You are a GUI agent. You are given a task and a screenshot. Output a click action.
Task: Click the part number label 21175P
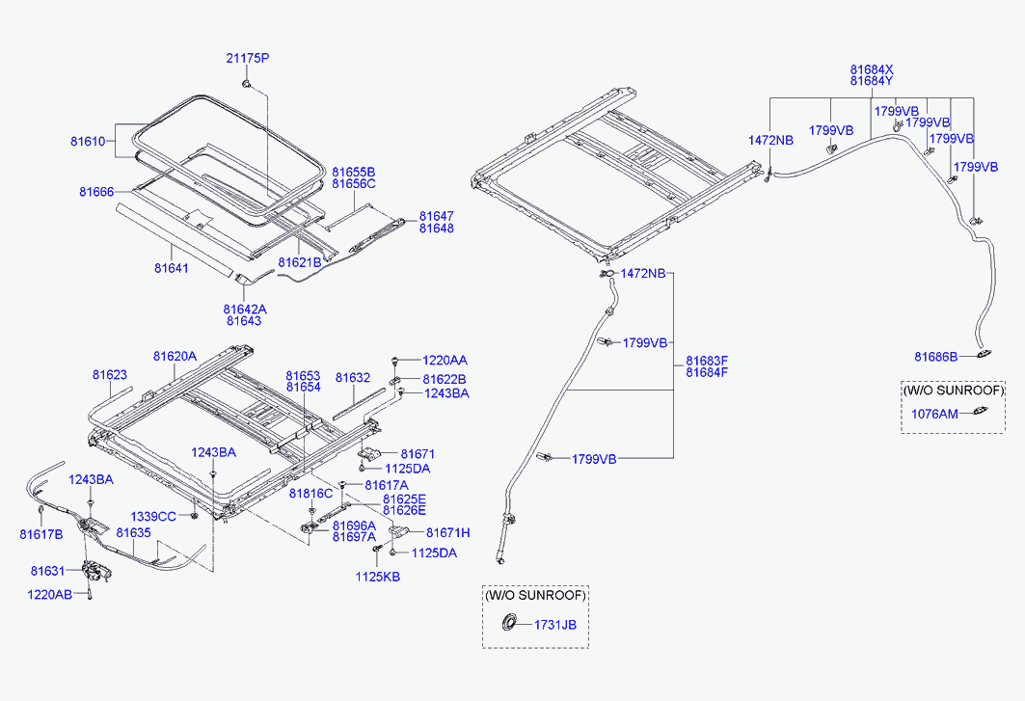248,59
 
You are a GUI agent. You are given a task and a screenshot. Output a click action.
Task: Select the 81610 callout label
86,141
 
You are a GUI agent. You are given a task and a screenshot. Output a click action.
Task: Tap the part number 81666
95,192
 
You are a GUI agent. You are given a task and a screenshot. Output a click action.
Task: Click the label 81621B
299,262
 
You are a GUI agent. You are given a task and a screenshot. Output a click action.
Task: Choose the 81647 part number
436,216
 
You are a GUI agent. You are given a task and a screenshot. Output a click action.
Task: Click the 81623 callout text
110,374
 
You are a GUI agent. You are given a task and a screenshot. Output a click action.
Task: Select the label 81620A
175,356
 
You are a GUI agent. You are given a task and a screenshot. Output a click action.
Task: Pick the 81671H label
447,532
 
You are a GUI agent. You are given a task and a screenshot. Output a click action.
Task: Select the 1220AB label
50,595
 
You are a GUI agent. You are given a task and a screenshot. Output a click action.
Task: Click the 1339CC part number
153,517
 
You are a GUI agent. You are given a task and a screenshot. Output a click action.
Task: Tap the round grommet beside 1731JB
504,625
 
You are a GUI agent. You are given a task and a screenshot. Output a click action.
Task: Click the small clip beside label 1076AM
979,414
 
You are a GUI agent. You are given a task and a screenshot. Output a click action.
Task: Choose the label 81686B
936,357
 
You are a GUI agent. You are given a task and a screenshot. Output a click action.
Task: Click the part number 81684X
872,69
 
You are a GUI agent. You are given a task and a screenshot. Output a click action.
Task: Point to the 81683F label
707,361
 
